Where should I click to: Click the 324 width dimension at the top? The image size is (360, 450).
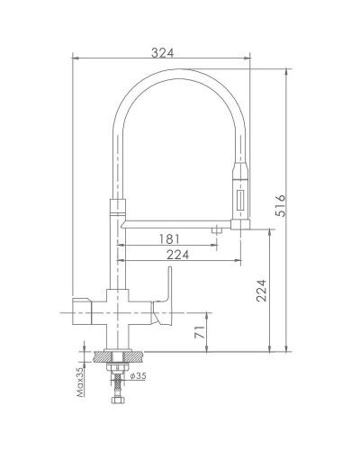162,53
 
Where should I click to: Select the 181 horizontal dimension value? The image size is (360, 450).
168,238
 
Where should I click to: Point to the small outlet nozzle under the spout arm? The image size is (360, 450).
216,232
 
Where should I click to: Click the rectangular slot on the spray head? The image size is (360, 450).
239,197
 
